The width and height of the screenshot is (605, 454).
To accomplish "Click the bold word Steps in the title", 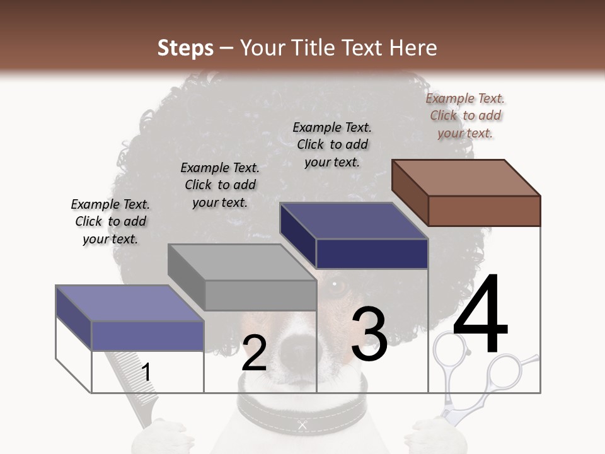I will coord(185,48).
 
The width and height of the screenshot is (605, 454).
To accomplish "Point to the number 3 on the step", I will coord(369,334).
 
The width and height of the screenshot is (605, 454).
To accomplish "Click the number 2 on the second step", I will coord(254,353).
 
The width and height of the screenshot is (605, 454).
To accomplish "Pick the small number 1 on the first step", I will coord(146,372).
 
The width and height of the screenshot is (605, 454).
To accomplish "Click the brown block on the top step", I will coord(466,192).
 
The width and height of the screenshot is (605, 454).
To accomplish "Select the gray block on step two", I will coord(243,277).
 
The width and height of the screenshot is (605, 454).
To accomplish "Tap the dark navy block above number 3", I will coord(354,236).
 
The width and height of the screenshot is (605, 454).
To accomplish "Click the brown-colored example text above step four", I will coord(465,115).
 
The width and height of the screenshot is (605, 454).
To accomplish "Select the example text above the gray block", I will coord(220,185).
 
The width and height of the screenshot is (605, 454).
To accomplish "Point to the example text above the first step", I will coord(110,221).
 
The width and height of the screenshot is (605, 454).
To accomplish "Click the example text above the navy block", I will coord(332,144).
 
